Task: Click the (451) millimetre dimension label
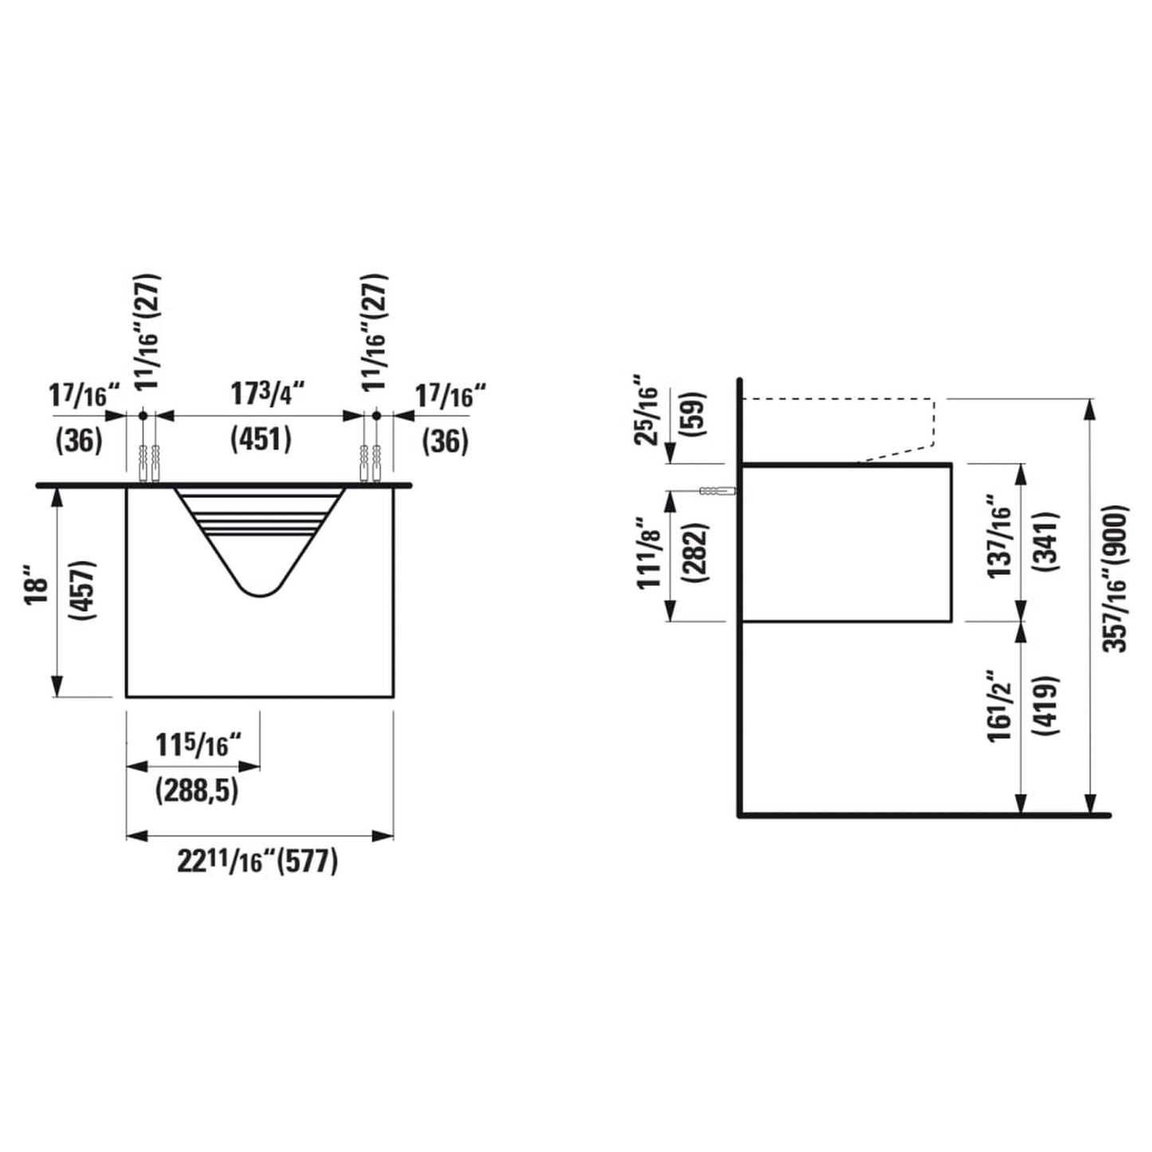(x=261, y=441)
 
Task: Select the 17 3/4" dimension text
(x=268, y=395)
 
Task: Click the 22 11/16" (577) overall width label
(x=257, y=862)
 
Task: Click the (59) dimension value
(x=694, y=415)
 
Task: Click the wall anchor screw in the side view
(x=718, y=492)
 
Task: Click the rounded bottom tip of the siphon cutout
(x=259, y=595)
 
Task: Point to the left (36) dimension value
(x=79, y=442)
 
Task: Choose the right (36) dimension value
(x=446, y=442)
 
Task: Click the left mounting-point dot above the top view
(x=143, y=415)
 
